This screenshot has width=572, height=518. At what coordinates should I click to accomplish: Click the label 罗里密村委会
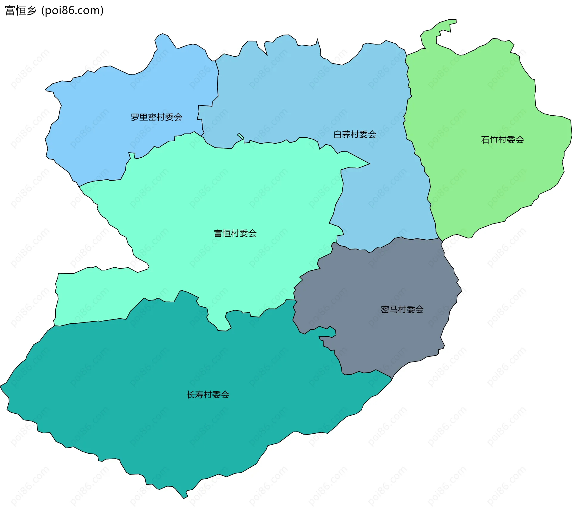pyautogui.click(x=156, y=117)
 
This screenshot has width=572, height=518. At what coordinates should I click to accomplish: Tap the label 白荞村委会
pyautogui.click(x=355, y=134)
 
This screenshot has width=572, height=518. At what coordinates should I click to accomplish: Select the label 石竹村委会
pyautogui.click(x=502, y=139)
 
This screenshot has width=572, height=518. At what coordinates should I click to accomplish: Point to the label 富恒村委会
pyautogui.click(x=235, y=233)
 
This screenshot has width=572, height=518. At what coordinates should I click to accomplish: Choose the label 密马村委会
pyautogui.click(x=402, y=309)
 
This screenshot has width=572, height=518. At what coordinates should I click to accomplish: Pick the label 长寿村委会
pyautogui.click(x=208, y=395)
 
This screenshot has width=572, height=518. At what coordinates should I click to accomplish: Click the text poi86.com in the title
pyautogui.click(x=72, y=10)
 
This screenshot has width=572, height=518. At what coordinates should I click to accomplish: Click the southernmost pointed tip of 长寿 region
pyautogui.click(x=184, y=497)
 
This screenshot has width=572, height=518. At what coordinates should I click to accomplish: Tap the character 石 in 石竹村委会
pyautogui.click(x=485, y=139)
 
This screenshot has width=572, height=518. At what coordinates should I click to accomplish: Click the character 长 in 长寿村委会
pyautogui.click(x=191, y=395)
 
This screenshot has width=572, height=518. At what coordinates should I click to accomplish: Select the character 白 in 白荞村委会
pyautogui.click(x=338, y=134)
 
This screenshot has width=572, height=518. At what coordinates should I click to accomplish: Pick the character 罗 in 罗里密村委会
pyautogui.click(x=135, y=117)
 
